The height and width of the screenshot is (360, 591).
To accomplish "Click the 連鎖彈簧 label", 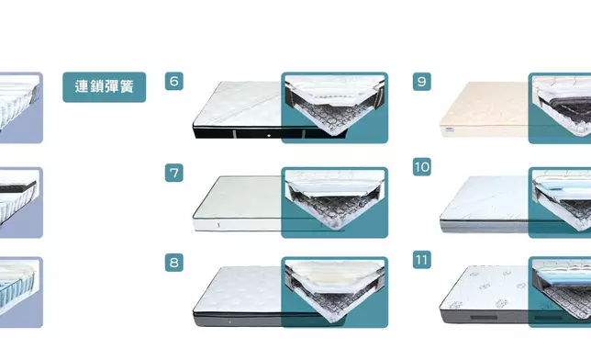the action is (x=104, y=87).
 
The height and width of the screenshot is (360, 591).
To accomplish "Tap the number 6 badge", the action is (x=174, y=81).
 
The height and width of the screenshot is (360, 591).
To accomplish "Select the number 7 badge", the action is (x=174, y=173).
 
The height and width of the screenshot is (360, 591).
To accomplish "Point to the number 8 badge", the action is (x=174, y=263).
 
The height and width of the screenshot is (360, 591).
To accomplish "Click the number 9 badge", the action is (x=422, y=82).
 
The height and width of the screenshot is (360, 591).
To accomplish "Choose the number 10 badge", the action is (x=422, y=167).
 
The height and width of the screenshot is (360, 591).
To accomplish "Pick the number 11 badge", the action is (x=422, y=260).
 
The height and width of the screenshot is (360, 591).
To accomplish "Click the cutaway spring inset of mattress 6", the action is (x=335, y=107).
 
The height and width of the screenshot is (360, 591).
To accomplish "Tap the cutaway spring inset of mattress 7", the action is (x=335, y=202).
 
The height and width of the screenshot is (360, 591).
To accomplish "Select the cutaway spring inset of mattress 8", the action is (x=335, y=292).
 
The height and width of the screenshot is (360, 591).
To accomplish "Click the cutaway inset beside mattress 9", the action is (x=560, y=108).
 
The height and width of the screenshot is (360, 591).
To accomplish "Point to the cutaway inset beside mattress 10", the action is (x=560, y=203).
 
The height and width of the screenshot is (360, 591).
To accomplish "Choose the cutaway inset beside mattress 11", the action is (x=560, y=292).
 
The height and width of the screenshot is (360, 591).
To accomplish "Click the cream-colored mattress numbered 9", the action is (x=484, y=109).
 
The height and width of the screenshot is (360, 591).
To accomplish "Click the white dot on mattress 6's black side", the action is (x=269, y=135).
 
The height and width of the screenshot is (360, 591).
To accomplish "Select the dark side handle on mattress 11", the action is (x=484, y=318).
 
